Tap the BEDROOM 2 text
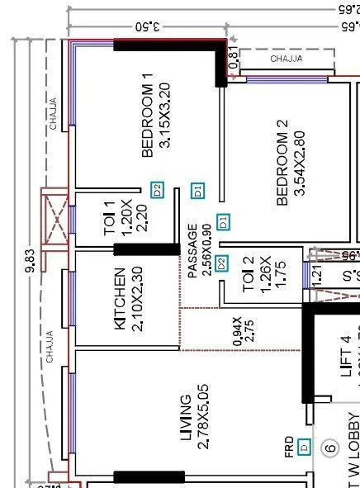click(282, 163)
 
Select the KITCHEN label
click(120, 299)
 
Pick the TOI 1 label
click(110, 218)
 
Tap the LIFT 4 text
click(346, 356)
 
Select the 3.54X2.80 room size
click(299, 163)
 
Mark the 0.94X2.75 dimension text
click(243, 330)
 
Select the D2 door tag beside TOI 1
click(158, 189)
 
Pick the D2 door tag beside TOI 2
click(221, 264)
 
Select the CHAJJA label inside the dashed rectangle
click(286, 59)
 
